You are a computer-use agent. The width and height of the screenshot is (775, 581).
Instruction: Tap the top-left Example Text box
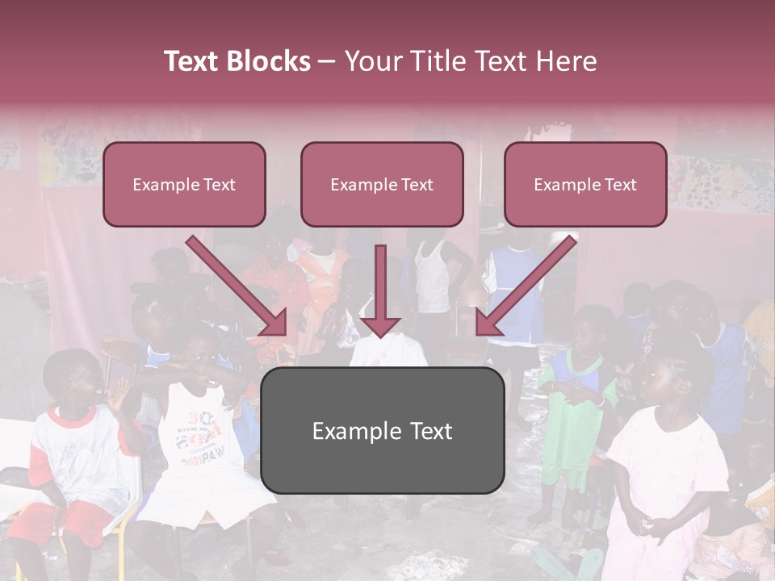pos(184,185)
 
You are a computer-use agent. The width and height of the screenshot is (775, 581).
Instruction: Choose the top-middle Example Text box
pos(382,185)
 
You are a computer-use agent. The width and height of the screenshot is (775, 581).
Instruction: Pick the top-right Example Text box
pos(585,185)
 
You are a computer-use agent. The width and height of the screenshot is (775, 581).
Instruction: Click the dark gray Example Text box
pos(382,430)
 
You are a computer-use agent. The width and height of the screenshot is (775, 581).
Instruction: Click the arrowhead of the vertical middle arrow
pos(381,326)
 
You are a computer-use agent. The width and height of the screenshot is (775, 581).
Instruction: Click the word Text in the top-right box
pos(620,185)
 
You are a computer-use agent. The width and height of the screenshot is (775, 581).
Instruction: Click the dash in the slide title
pos(327,62)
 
